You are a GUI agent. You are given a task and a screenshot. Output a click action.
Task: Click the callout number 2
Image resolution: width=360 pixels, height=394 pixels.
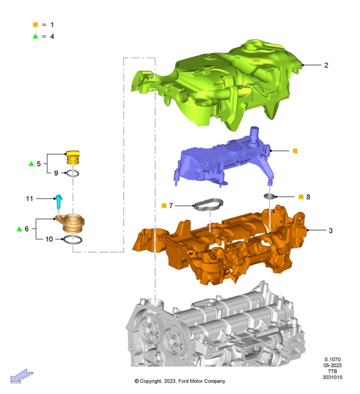click(x=326, y=65)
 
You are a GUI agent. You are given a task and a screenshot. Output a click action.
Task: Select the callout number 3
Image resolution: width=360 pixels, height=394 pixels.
click(x=331, y=230)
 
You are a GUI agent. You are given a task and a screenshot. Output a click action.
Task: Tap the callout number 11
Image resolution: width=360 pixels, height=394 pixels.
click(x=29, y=199)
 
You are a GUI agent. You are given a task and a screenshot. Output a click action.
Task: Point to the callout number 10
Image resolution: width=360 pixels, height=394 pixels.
click(x=49, y=239)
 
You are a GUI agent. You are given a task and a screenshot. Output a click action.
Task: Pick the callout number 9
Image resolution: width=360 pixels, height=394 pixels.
click(x=56, y=173)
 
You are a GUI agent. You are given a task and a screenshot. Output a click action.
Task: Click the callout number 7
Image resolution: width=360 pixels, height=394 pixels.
click(x=171, y=206)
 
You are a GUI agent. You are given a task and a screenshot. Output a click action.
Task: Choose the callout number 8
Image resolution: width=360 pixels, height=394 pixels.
click(x=308, y=197)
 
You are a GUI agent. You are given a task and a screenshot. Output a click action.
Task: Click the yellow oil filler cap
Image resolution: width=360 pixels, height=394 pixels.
click(x=72, y=158)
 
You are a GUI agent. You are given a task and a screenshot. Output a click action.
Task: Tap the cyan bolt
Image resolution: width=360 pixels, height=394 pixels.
click(x=59, y=202)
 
